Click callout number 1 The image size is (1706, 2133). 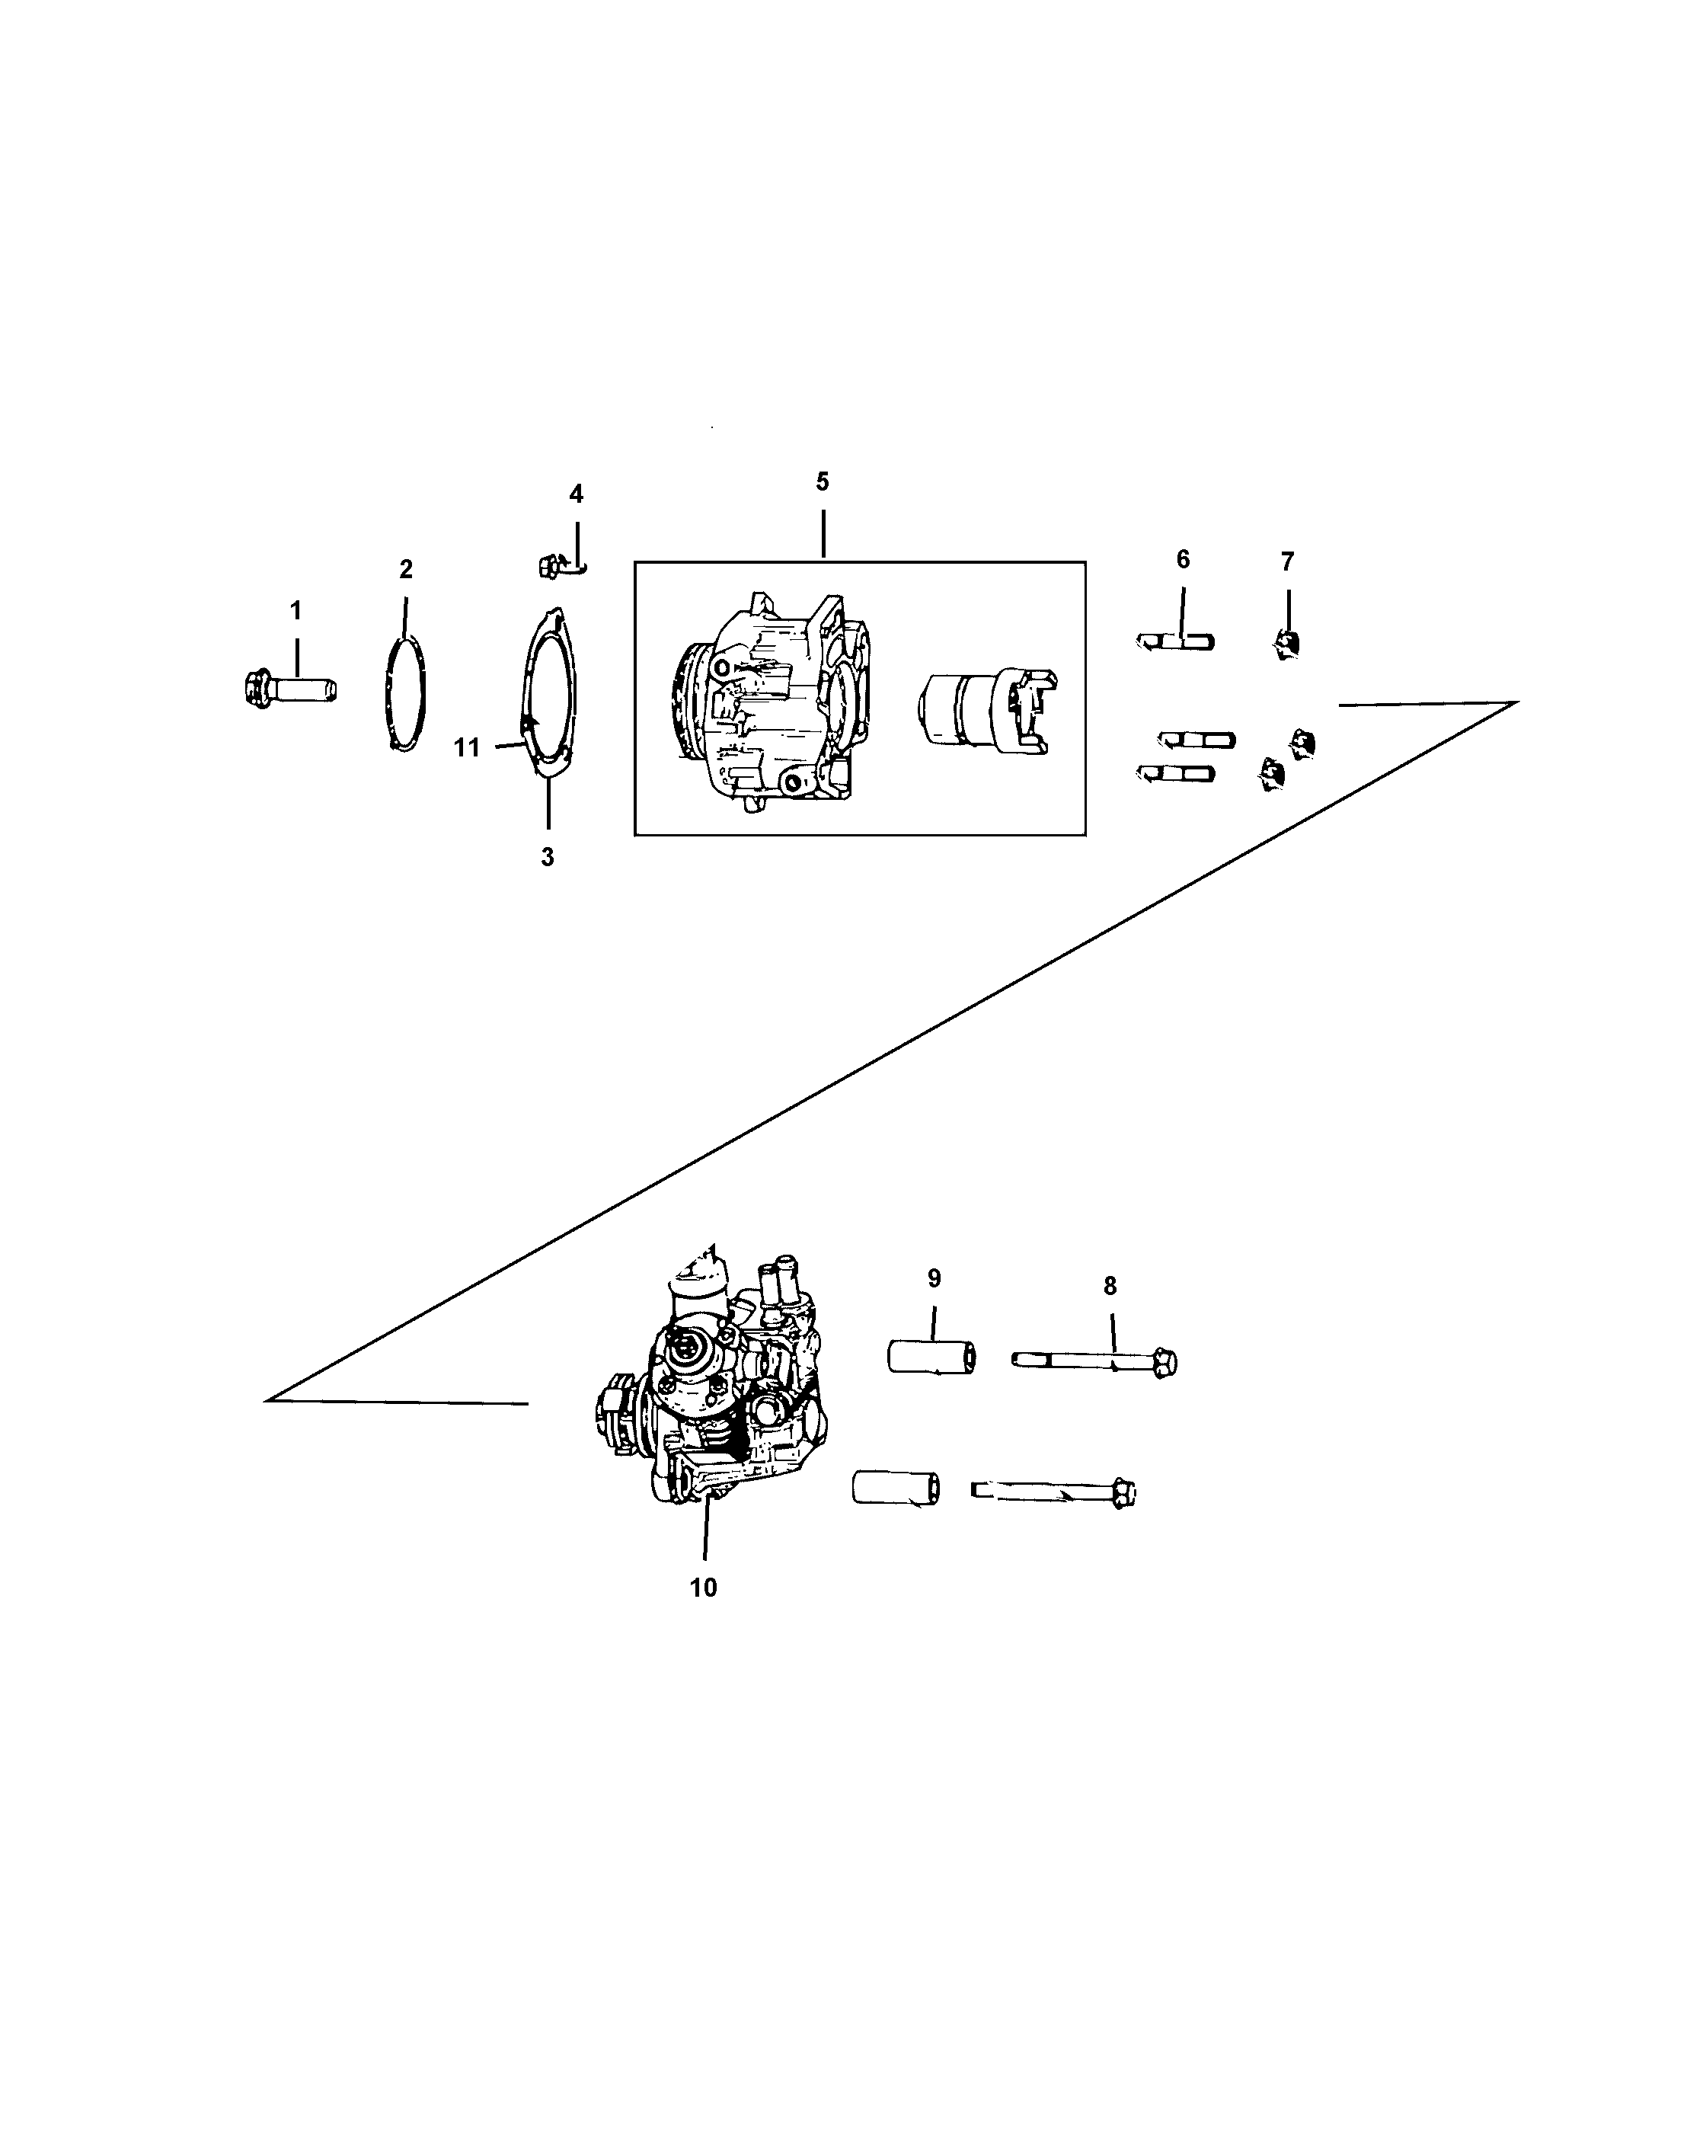point(295,610)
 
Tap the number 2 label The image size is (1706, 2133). point(405,569)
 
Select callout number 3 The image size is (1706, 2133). point(547,858)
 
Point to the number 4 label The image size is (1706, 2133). point(577,494)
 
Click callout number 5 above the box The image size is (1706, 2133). point(823,481)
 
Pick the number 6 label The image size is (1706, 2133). point(1183,560)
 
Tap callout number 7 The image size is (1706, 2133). point(1286,562)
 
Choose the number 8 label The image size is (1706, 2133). point(1110,1286)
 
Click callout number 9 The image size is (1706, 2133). point(934,1278)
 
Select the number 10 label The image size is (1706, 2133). point(703,1588)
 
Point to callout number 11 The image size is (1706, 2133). point(467,748)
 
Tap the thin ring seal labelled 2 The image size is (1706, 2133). point(404,695)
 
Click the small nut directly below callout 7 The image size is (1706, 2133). point(1286,645)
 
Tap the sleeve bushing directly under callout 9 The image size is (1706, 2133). point(931,1357)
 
